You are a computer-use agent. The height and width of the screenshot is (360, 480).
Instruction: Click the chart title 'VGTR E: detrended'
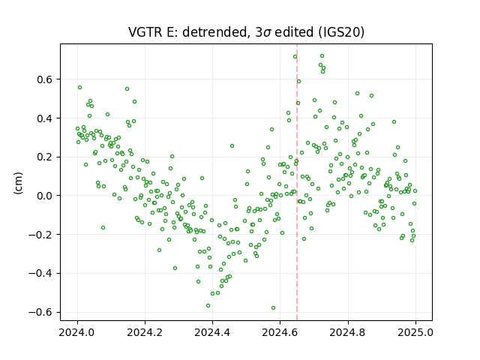coord(187,32)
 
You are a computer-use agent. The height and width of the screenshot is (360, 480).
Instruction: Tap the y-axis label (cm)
coord(18,183)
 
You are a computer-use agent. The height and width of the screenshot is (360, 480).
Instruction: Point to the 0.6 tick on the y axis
coord(46,79)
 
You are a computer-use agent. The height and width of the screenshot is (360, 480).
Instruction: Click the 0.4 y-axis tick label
coord(46,118)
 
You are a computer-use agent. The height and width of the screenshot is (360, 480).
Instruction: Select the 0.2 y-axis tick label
coord(46,157)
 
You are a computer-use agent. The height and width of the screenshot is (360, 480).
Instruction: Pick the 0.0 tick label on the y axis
coord(46,196)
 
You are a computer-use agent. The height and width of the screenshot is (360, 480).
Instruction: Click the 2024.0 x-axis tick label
coord(77,332)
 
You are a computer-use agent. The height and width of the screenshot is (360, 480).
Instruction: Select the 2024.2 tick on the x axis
coord(145,332)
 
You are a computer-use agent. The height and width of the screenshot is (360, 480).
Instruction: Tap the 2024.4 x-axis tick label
coord(212,332)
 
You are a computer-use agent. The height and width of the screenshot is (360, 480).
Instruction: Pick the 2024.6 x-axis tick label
coord(280,332)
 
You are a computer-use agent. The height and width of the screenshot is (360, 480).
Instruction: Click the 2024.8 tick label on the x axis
coord(348,332)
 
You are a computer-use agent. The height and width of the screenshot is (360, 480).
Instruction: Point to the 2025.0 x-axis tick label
coord(415,332)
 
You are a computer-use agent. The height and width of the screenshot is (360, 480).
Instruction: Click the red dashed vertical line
coord(297,182)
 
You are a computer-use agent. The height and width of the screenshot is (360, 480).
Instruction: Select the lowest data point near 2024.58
coord(273,307)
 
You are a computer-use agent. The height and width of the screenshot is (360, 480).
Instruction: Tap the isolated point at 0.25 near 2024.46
coord(232,146)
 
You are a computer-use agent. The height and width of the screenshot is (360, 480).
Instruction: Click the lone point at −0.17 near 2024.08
coord(103,228)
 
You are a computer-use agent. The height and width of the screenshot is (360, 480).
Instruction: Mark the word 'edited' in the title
coord(294,32)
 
